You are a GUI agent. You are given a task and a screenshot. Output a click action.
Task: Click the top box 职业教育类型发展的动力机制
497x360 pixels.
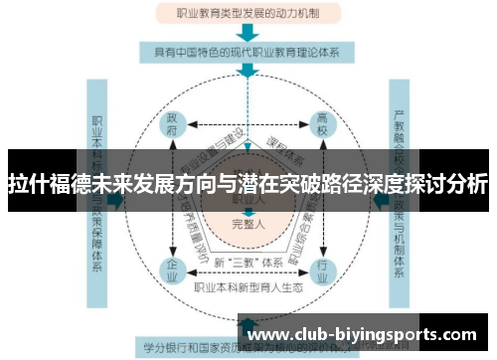(x=248, y=15)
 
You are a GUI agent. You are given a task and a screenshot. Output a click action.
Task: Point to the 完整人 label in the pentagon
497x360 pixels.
(x=248, y=223)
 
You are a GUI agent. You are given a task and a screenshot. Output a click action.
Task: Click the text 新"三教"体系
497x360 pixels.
(x=248, y=263)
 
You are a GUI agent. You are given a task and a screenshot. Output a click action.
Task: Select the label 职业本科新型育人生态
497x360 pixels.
(x=248, y=288)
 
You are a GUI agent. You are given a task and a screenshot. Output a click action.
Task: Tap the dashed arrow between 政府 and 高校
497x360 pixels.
(x=248, y=126)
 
